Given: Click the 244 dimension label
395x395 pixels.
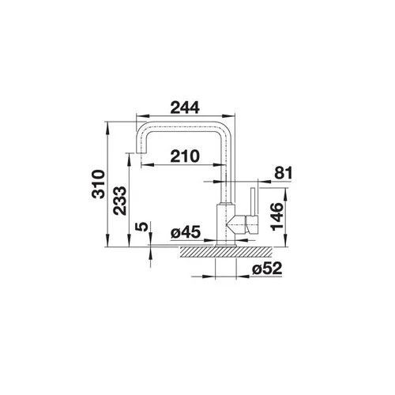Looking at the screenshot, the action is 185,108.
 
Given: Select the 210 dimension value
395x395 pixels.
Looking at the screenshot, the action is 185,156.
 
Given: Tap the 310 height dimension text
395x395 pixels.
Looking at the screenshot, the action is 98,184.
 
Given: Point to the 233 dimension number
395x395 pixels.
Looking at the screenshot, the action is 120,201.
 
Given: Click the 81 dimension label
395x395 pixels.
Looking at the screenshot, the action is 284,173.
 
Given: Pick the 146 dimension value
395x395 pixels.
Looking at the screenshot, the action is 277,216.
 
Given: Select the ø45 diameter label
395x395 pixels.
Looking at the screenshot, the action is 186,232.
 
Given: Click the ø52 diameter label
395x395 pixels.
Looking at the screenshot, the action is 267,269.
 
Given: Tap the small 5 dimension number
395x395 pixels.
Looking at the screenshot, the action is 142,227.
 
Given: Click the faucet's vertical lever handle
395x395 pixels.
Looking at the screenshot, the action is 253,201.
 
